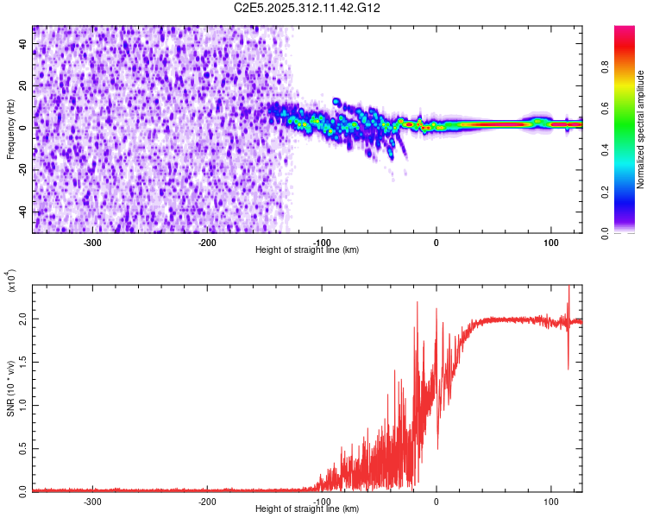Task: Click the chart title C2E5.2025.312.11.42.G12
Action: coord(307,8)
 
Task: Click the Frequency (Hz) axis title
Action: coord(10,129)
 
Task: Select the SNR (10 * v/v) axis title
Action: coord(10,388)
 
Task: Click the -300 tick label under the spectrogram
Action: coord(93,242)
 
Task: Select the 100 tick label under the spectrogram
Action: coord(550,242)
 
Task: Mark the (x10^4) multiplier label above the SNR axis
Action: coord(12,281)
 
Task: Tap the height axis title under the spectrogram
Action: coord(307,250)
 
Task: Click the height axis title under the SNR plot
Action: coord(307,509)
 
